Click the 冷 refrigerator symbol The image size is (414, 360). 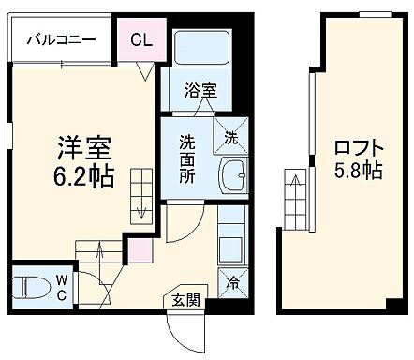point(230,280)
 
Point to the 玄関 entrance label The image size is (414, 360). point(185,301)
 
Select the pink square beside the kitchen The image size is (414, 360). point(139,250)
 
